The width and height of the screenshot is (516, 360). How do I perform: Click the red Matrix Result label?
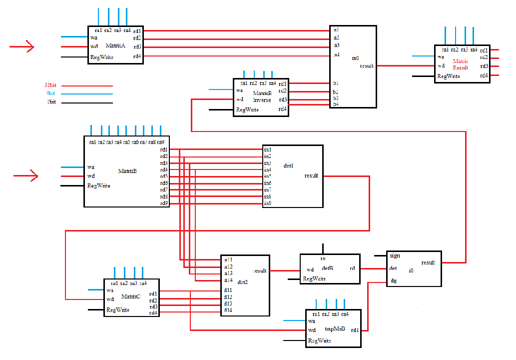[461, 64]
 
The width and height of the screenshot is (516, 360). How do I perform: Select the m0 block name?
[356, 58]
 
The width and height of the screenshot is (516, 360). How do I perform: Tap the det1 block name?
[288, 165]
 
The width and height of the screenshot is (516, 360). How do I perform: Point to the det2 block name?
[243, 282]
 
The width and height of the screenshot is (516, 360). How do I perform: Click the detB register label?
[328, 268]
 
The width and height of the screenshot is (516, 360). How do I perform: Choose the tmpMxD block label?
[335, 328]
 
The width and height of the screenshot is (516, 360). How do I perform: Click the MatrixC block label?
[131, 296]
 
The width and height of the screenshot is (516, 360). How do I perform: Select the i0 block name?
[411, 270]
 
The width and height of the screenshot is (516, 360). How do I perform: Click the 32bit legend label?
[50, 85]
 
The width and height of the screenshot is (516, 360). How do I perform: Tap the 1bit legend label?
[50, 102]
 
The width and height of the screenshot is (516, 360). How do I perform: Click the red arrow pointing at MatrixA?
[22, 47]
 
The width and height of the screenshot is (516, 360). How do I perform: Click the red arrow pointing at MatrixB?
[26, 176]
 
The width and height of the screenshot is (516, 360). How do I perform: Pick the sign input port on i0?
[395, 255]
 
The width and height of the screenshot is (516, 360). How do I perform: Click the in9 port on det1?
[267, 203]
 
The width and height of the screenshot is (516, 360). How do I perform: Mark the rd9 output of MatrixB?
[164, 203]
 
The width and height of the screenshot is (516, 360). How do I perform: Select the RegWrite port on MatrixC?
[118, 310]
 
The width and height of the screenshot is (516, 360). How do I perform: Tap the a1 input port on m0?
[336, 30]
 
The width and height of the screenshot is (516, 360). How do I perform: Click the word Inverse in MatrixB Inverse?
[262, 100]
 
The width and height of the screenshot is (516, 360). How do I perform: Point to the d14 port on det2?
[228, 310]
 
